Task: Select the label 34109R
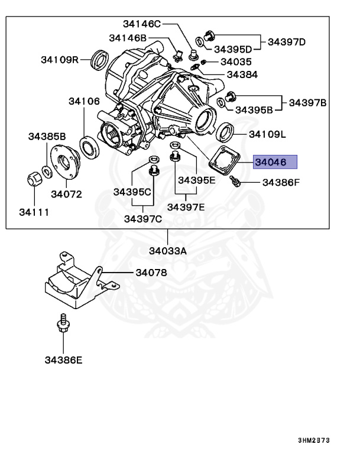[x=60, y=60]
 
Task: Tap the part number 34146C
[x=142, y=24]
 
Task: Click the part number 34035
[x=236, y=61]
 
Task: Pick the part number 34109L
[x=267, y=134]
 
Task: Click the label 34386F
[x=281, y=183]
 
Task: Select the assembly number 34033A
[x=167, y=251]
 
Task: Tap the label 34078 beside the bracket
[x=151, y=273]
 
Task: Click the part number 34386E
[x=63, y=359]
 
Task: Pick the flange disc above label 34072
[x=66, y=160]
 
